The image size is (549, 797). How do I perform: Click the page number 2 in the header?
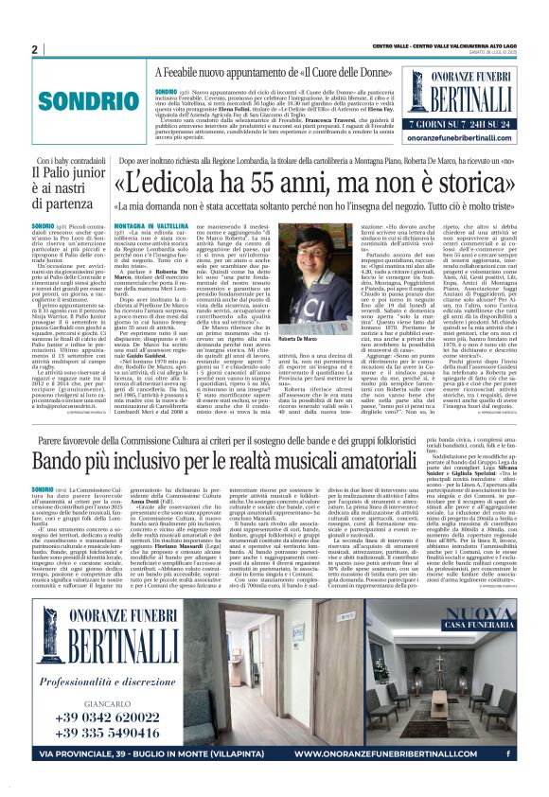point(34,49)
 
